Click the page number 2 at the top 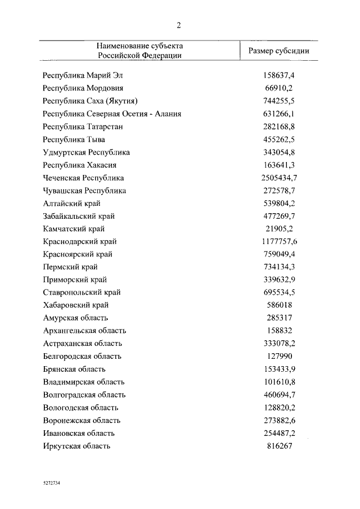coord(178,25)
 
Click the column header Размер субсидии coord(279,50)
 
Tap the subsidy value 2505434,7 coord(279,178)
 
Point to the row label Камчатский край coord(74,229)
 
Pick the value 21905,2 coord(279,229)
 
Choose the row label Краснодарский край coord(80,242)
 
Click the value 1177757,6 coord(279,242)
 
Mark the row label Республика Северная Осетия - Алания coord(112,114)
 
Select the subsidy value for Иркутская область coord(279,446)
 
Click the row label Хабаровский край coord(75,305)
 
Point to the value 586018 coord(279,305)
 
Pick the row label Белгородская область coord(82,357)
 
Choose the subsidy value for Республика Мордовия coord(279,88)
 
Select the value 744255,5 coord(279,101)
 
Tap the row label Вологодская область coord(81,408)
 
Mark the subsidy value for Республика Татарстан coord(279,127)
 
